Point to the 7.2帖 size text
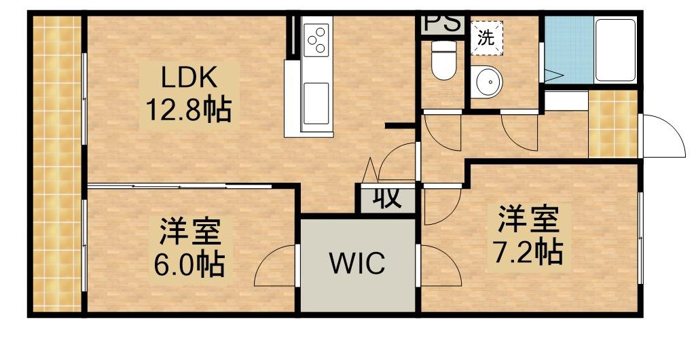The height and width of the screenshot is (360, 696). [528, 252]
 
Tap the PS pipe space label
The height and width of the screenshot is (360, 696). [442, 24]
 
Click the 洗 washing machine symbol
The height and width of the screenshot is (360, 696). [486, 38]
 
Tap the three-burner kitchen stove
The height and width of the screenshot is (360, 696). [316, 39]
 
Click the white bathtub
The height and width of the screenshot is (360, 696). [615, 51]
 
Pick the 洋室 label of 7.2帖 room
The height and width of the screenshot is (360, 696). [528, 219]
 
